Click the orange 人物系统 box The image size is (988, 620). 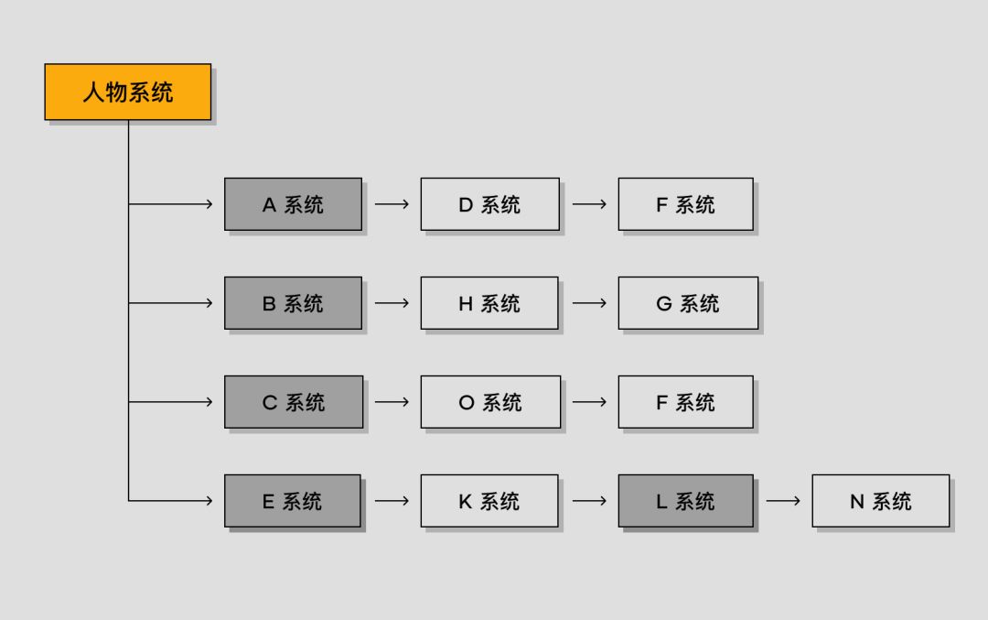click(x=128, y=92)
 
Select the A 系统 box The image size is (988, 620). click(x=293, y=204)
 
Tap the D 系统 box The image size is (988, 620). click(x=489, y=204)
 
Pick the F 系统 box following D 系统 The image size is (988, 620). click(x=685, y=204)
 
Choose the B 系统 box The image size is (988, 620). click(x=293, y=303)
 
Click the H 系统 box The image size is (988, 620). click(x=489, y=303)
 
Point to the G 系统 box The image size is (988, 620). click(x=688, y=303)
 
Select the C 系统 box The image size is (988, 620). click(x=294, y=402)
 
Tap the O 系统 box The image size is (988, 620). click(x=490, y=402)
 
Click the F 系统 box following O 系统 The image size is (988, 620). click(x=685, y=402)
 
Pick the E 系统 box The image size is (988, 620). click(x=293, y=501)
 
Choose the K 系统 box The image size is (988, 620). click(x=489, y=501)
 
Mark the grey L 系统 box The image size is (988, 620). click(x=685, y=501)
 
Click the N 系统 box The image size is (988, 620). click(x=880, y=501)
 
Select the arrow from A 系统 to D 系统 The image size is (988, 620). click(x=392, y=204)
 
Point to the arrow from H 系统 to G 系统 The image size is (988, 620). click(x=589, y=303)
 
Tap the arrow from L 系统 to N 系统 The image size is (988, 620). click(x=783, y=501)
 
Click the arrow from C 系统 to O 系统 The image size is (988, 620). click(x=392, y=402)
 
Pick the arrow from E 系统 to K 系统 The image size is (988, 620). click(x=392, y=501)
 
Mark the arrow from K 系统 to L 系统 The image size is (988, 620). click(x=589, y=501)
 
